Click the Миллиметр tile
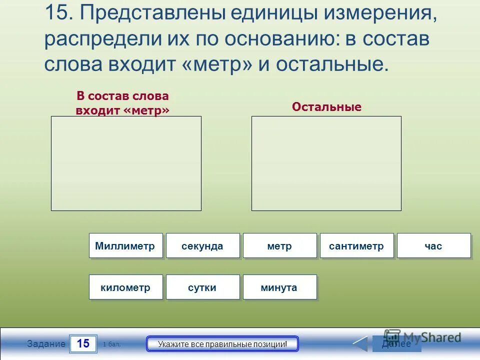coord(125,246)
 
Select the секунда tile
coord(202,246)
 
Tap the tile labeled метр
coord(279,246)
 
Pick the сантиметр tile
coord(356,246)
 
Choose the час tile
coord(433,246)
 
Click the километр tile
coord(125,287)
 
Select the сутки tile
coord(202,287)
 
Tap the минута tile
coord(279,287)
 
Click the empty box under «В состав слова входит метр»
coord(126,163)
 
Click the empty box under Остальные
coord(326,163)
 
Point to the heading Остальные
coord(326,107)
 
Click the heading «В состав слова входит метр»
coord(122,103)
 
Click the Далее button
coord(396,343)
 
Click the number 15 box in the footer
coord(83,343)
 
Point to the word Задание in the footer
coord(46,344)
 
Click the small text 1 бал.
coord(111,344)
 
